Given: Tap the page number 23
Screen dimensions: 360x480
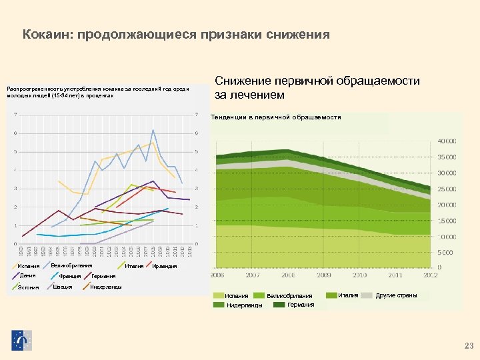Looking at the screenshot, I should pyautogui.click(x=467, y=345).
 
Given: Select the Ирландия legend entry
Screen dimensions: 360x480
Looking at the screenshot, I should pyautogui.click(x=164, y=266).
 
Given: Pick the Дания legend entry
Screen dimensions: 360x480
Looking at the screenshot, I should pyautogui.click(x=27, y=275).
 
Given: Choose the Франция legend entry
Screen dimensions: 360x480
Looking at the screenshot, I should pyautogui.click(x=69, y=275).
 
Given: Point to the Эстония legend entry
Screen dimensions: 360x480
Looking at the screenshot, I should pyautogui.click(x=29, y=287).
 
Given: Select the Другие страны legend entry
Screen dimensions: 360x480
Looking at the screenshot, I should pyautogui.click(x=397, y=295).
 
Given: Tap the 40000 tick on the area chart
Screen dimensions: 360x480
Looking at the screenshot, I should pyautogui.click(x=447, y=141).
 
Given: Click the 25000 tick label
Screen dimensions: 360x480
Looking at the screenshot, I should pyautogui.click(x=447, y=189).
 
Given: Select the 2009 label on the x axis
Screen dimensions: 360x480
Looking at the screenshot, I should pyautogui.click(x=324, y=275).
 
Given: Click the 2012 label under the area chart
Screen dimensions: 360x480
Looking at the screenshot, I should pyautogui.click(x=431, y=275).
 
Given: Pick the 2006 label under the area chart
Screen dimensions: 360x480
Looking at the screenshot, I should pyautogui.click(x=217, y=275).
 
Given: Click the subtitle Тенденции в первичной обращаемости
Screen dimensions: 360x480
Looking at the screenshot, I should pyautogui.click(x=275, y=117).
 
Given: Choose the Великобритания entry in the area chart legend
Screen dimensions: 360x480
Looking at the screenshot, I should pyautogui.click(x=289, y=295).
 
